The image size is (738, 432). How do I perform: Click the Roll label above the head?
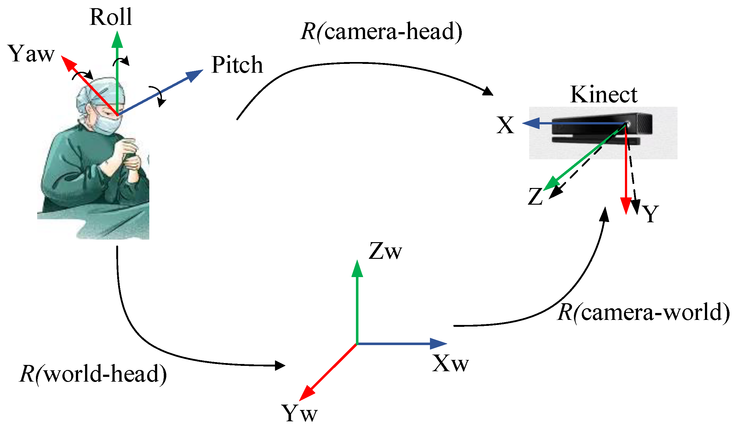(x=111, y=17)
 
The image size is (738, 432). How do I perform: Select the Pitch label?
(x=237, y=65)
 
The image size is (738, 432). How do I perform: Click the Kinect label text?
(x=604, y=94)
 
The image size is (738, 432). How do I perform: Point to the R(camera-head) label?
(x=381, y=31)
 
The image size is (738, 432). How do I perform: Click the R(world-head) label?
(x=93, y=374)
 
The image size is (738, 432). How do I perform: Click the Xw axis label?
(x=450, y=364)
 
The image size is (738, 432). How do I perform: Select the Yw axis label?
(x=299, y=413)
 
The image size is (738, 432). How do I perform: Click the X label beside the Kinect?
(x=505, y=125)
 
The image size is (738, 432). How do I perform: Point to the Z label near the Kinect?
(x=535, y=197)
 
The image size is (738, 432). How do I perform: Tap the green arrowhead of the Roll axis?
(x=117, y=39)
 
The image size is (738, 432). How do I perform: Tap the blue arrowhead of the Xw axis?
(x=438, y=344)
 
